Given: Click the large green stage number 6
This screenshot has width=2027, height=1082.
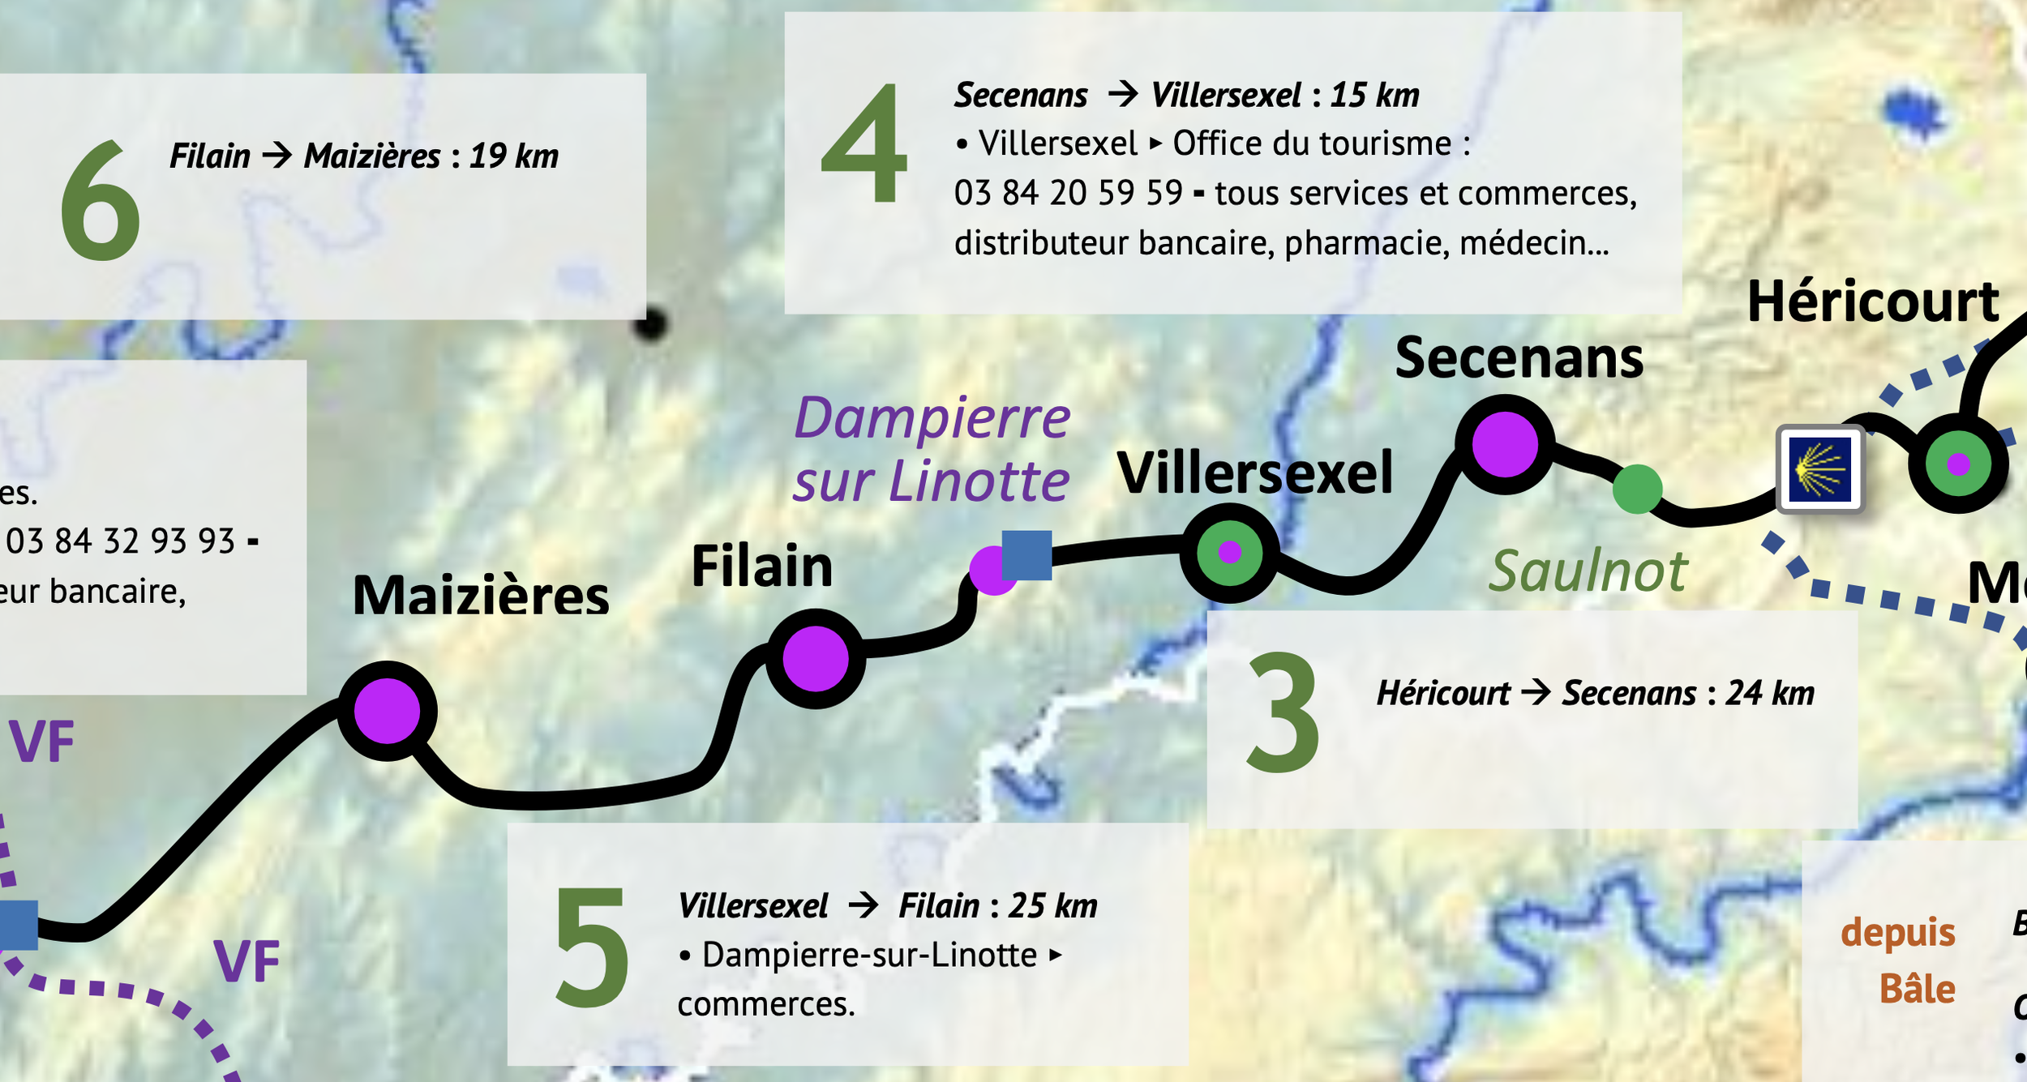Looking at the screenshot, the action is coord(100,201).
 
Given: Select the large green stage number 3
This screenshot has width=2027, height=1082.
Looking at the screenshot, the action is coord(1282,712).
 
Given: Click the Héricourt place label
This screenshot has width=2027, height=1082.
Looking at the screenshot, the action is coord(1873,302).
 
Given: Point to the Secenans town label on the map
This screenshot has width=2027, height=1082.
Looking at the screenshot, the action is coord(1519,358).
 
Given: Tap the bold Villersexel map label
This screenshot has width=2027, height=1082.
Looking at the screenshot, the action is coord(1254,473).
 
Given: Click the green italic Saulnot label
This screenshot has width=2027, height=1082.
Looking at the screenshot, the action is coord(1588,571).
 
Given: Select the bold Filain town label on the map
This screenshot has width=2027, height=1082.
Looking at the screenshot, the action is coord(761,566).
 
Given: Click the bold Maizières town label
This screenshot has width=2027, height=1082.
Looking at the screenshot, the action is coord(481,596).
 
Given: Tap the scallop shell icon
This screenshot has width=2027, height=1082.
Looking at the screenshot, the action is coord(1819,469).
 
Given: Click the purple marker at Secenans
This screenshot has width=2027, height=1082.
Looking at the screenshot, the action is coord(1504,444).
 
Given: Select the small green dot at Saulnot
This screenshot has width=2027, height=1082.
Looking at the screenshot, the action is coord(1637,489).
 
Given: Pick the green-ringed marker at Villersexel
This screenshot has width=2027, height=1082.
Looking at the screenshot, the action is coord(1229,553).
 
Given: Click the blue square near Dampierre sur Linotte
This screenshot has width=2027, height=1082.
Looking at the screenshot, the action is coord(1026,555).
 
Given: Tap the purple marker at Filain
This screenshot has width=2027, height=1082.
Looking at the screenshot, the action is coord(815,659).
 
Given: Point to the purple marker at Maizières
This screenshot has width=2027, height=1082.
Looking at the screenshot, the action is coord(388,711).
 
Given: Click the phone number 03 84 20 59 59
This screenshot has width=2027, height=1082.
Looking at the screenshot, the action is coord(1068,194).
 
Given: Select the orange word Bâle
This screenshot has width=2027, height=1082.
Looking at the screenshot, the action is coord(1917,990).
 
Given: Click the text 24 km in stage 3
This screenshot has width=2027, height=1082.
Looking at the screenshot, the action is coord(1769,694).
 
